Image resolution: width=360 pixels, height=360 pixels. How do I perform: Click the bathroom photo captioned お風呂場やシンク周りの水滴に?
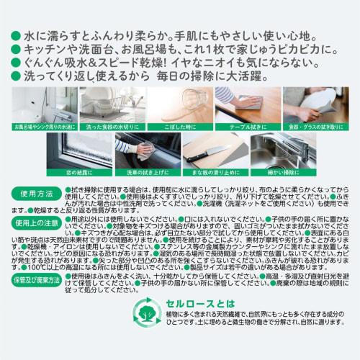point(38,104)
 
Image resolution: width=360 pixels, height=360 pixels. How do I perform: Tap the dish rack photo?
point(109,104)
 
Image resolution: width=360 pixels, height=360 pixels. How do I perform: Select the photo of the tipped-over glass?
point(179,104)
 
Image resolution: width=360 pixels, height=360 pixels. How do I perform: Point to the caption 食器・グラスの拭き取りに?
point(320,127)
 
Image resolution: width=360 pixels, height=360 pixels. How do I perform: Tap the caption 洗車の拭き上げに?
point(144,173)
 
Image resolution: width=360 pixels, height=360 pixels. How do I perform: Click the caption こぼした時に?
point(179,127)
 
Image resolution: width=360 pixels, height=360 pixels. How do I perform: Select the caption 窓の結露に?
point(73,173)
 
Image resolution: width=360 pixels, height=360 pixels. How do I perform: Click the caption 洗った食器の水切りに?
point(109,127)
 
